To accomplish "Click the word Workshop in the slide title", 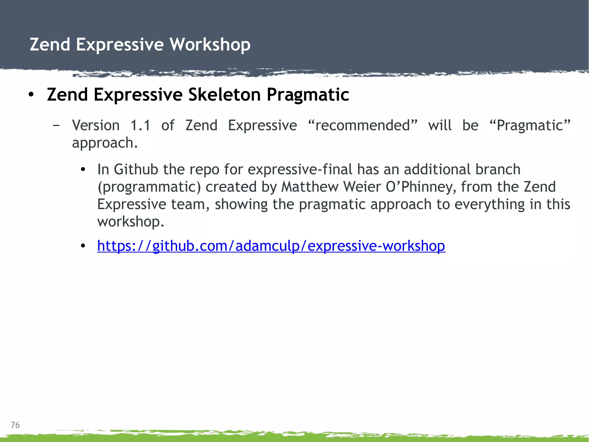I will point(210,45).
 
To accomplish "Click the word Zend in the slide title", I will point(50,45).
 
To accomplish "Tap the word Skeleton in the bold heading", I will point(224,95).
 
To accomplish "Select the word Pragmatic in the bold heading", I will point(308,95).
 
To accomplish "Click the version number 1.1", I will point(140,126).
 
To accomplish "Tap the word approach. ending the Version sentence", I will point(105,143).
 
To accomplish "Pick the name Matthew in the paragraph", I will point(309,187).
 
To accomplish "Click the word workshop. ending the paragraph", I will point(131,222).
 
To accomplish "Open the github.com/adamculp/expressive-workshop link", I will point(271,246).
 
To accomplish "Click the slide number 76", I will point(15,425).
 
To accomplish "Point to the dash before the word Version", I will point(56,126).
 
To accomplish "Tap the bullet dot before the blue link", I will point(83,246).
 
